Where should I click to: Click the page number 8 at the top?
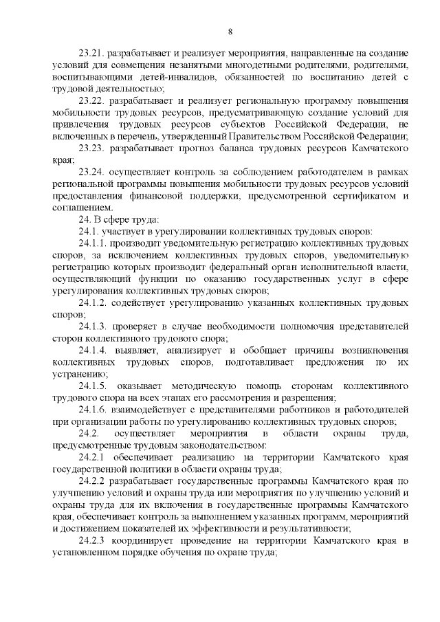point(230,31)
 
